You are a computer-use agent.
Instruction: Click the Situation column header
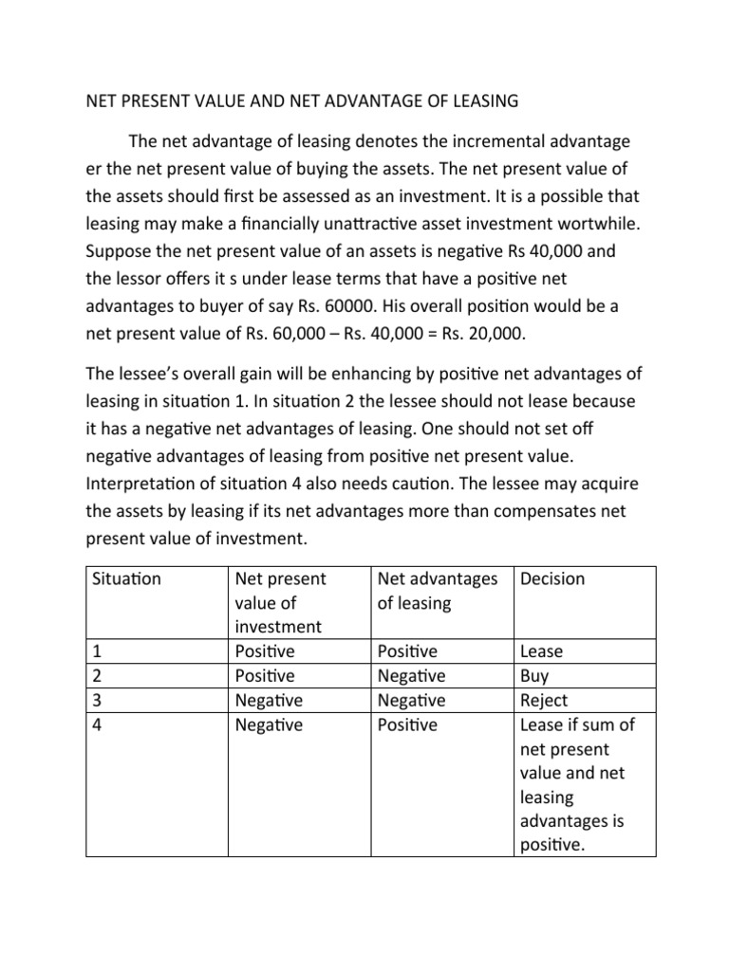click(x=127, y=579)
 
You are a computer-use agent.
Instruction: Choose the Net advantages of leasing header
click(x=437, y=591)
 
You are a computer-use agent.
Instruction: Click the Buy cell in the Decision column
click(x=534, y=676)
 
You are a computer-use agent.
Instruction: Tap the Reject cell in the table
click(x=544, y=701)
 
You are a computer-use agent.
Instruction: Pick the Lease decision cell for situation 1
click(x=541, y=651)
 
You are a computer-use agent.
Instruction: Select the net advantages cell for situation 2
click(x=411, y=676)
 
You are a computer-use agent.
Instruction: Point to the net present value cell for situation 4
click(x=268, y=725)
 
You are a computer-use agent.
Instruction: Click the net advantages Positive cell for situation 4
click(x=407, y=725)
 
